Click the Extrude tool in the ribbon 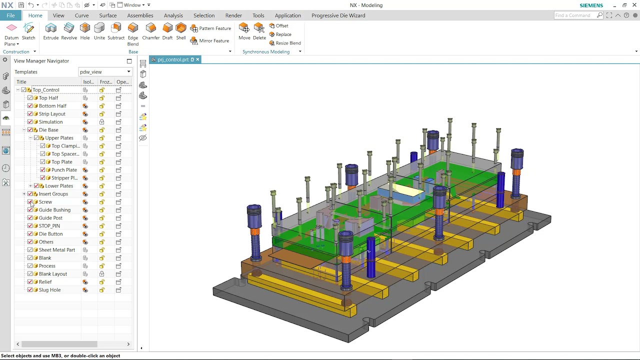point(51,31)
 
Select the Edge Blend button point(133,34)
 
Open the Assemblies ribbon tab point(140,15)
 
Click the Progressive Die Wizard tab point(338,15)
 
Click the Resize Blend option point(285,43)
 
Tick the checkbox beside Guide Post point(30,217)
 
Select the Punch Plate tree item point(64,169)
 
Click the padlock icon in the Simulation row point(101,121)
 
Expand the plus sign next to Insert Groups point(24,193)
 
